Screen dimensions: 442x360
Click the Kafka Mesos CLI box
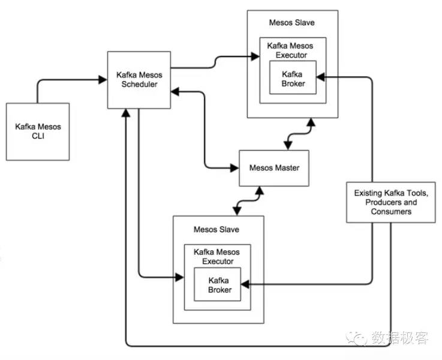[38, 131]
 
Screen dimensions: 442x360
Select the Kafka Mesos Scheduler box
[139, 80]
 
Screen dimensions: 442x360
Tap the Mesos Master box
[274, 168]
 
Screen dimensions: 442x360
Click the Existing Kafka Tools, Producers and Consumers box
[390, 202]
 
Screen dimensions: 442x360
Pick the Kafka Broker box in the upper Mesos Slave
[293, 77]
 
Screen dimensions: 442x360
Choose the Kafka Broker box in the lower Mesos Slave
[217, 284]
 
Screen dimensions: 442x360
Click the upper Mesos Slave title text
[291, 23]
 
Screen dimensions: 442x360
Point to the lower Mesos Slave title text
[217, 229]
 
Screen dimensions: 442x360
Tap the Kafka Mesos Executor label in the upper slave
[290, 50]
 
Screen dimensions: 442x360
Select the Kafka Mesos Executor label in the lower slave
[217, 257]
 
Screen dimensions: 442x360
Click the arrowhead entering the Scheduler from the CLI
[103, 80]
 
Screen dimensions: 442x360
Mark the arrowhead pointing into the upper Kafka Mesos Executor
[255, 56]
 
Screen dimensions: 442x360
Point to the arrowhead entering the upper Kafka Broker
[321, 77]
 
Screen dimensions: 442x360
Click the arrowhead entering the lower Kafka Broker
[245, 284]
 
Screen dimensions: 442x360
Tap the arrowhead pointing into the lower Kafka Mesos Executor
[179, 277]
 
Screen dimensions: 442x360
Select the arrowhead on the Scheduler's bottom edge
[126, 113]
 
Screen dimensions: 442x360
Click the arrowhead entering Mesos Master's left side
[234, 168]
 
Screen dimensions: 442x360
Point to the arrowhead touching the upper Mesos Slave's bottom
[311, 122]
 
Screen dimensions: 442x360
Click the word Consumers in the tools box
[391, 211]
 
